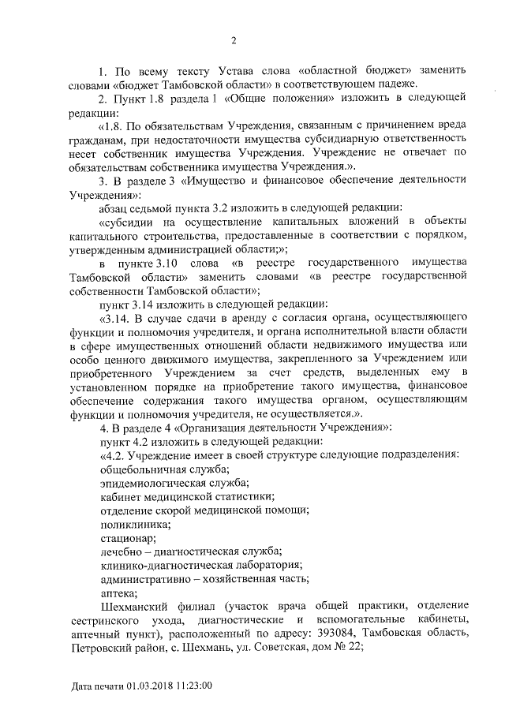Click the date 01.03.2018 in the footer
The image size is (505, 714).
point(150,686)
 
